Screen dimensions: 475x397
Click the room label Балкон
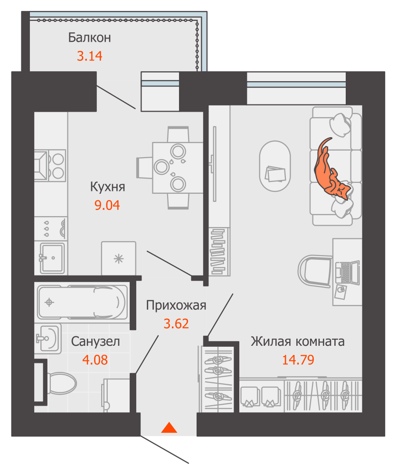89,37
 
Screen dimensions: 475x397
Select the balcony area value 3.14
90,57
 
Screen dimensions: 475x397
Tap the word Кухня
108,187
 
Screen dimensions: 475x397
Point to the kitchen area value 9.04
108,206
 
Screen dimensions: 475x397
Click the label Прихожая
176,305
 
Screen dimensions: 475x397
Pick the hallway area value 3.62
176,324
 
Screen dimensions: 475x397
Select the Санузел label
95,341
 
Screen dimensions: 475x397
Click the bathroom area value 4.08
95,360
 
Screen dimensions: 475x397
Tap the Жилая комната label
298,341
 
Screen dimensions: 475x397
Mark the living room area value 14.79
298,360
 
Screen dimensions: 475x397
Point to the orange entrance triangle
169,428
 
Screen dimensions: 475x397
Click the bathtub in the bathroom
82,302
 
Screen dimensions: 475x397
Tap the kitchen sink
52,257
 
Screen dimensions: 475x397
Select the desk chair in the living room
315,271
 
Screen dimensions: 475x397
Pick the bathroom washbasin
47,338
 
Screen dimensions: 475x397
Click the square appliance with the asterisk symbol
118,258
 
